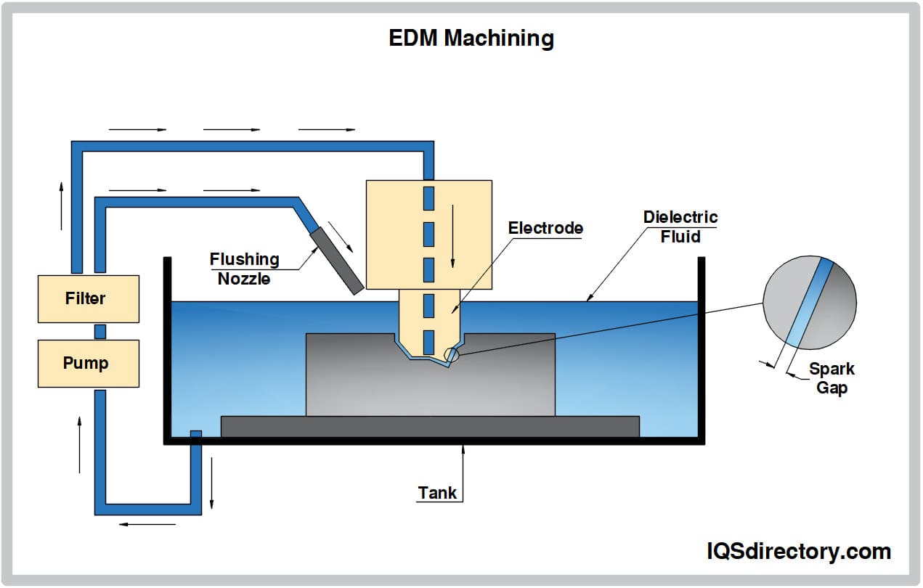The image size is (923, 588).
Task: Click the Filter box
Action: pyautogui.click(x=88, y=298)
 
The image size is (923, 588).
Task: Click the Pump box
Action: pyautogui.click(x=88, y=362)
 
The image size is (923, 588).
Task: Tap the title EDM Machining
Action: pyautogui.click(x=471, y=38)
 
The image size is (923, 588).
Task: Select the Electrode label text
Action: pyautogui.click(x=545, y=228)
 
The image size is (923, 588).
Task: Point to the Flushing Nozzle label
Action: pyautogui.click(x=244, y=268)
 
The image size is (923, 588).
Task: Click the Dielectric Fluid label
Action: pyautogui.click(x=680, y=226)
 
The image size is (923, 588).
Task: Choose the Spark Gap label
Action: pyautogui.click(x=831, y=377)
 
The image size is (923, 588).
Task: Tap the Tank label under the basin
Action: pyautogui.click(x=437, y=493)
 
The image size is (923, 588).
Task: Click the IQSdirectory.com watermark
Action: pyautogui.click(x=798, y=551)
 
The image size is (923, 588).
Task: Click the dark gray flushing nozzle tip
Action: pyautogui.click(x=337, y=261)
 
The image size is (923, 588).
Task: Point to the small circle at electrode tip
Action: pyautogui.click(x=452, y=354)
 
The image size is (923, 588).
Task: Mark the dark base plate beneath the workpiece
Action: pyautogui.click(x=430, y=426)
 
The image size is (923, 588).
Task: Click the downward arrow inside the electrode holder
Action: pyautogui.click(x=452, y=237)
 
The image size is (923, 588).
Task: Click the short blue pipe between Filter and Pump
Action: pyautogui.click(x=100, y=331)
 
